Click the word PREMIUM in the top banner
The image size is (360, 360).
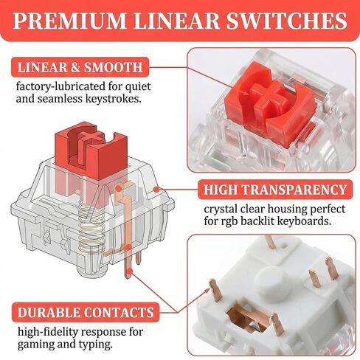click(x=69, y=21)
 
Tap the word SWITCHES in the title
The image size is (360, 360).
click(x=286, y=21)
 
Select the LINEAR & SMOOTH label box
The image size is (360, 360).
click(x=80, y=67)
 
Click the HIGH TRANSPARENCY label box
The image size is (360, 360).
click(x=275, y=190)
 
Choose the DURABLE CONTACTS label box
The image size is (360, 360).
click(x=86, y=312)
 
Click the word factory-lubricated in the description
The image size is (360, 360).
click(x=58, y=87)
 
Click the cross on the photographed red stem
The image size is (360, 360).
click(x=268, y=97)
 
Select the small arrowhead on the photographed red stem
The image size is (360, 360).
click(x=246, y=93)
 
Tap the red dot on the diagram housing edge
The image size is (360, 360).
click(x=156, y=190)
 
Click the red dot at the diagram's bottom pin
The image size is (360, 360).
click(x=130, y=271)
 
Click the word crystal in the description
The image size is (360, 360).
click(x=221, y=210)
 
